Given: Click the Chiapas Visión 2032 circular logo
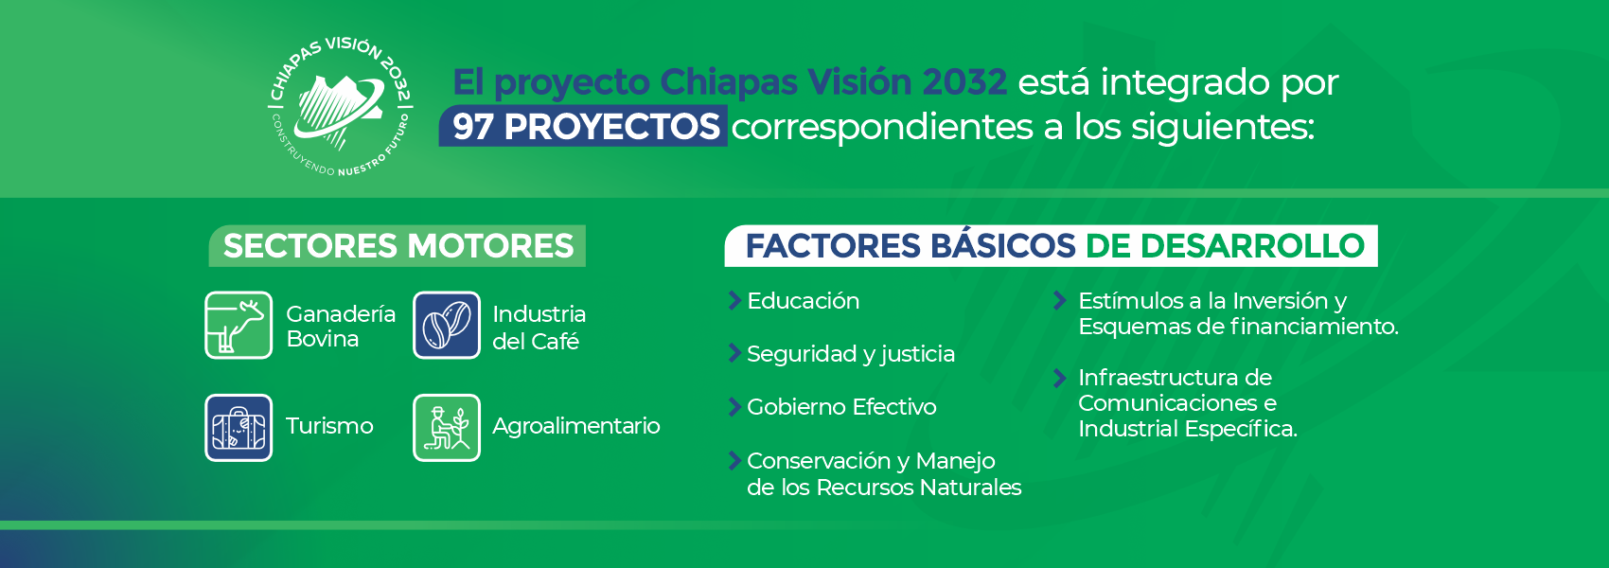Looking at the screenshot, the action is pyautogui.click(x=340, y=106).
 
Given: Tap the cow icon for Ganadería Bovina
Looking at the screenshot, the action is pyautogui.click(x=239, y=325).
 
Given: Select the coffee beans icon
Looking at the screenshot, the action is pyautogui.click(x=446, y=325).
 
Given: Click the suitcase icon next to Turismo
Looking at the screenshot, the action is pyautogui.click(x=239, y=427).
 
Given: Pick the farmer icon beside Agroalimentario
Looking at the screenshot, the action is pyautogui.click(x=446, y=427).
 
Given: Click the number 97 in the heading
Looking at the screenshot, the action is pyautogui.click(x=472, y=127).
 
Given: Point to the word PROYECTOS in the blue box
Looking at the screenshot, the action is pyautogui.click(x=611, y=127).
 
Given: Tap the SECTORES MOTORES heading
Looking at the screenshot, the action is pyautogui.click(x=398, y=245).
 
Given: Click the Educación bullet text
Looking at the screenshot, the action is pyautogui.click(x=803, y=300).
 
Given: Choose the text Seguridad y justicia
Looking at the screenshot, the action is pyautogui.click(x=851, y=354).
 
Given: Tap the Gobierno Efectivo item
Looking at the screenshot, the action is pyautogui.click(x=841, y=407).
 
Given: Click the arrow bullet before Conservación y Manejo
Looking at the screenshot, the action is pyautogui.click(x=734, y=460).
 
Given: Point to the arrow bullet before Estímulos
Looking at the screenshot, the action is pyautogui.click(x=1059, y=300).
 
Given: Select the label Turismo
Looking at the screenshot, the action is pyautogui.click(x=329, y=426).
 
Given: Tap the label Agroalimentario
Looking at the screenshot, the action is pyautogui.click(x=576, y=426).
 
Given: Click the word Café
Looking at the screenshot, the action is pyautogui.click(x=557, y=341).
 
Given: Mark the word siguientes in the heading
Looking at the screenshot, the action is pyautogui.click(x=1223, y=128).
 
